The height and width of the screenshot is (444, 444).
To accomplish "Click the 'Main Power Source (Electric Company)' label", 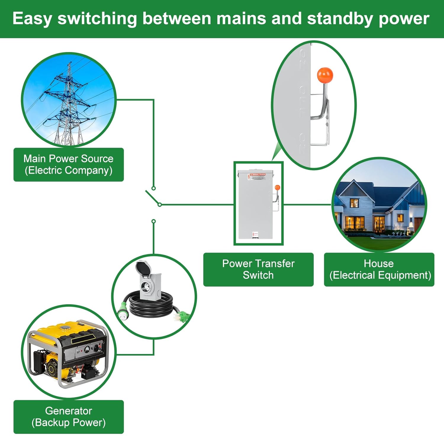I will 69,165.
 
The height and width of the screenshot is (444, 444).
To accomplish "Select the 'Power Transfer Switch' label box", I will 258,269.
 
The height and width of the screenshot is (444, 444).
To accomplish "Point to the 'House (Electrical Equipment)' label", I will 379,269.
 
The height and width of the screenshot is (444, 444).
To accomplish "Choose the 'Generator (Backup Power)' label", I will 69,417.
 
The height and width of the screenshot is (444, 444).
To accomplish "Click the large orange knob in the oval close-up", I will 325,75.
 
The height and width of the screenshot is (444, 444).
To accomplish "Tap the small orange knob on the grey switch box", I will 277,187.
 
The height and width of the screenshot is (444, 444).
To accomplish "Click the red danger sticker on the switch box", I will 257,176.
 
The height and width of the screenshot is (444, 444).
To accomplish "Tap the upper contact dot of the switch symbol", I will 153,188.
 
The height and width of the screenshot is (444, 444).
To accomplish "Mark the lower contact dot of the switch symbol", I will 153,221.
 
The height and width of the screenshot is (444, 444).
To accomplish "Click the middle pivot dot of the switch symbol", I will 160,205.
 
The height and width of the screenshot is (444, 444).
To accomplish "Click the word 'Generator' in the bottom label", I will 69,411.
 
